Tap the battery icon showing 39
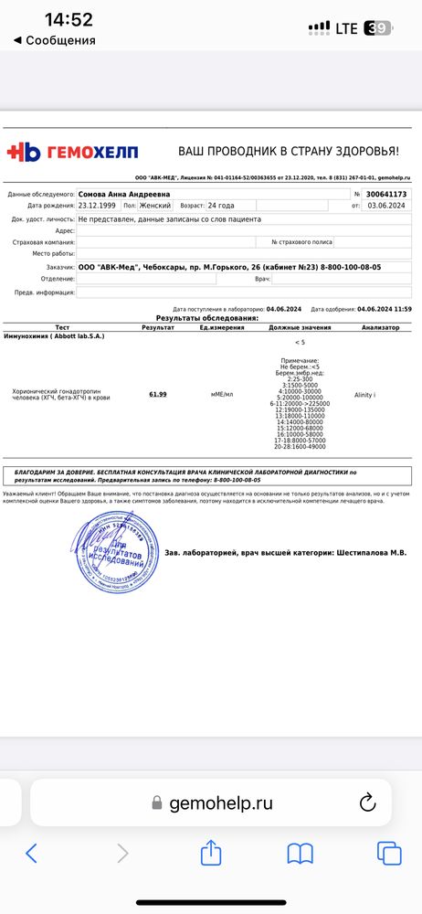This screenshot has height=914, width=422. pyautogui.click(x=376, y=28)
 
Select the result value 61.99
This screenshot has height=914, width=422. pyautogui.click(x=157, y=394)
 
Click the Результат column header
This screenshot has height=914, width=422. pyautogui.click(x=158, y=326)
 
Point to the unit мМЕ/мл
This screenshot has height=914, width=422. pyautogui.click(x=222, y=394)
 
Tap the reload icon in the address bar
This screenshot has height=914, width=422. pyautogui.click(x=368, y=802)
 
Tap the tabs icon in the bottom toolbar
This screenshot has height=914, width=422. pyautogui.click(x=388, y=854)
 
